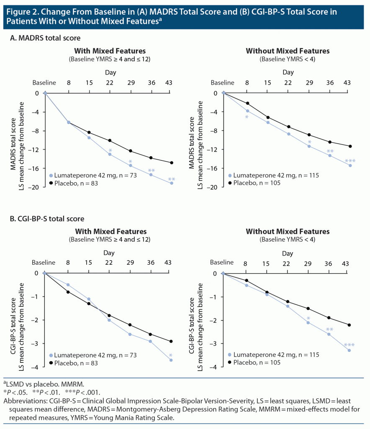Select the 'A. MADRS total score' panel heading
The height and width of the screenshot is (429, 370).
pos(45,38)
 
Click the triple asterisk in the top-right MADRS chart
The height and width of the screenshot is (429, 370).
pos(350,161)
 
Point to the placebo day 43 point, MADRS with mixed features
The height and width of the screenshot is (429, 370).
pos(172,163)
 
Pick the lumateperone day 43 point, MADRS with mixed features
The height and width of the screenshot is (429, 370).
pos(172,183)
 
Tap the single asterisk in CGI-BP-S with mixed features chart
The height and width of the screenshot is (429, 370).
pos(171,356)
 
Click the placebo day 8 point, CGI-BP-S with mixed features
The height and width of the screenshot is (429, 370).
pos(68,292)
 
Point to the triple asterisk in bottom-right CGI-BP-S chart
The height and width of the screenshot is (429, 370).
pos(349,345)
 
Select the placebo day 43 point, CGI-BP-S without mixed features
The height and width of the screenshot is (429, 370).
pos(349,325)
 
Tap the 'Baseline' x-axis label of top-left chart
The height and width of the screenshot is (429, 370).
pos(44,83)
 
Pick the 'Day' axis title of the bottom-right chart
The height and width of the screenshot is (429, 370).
pos(288,253)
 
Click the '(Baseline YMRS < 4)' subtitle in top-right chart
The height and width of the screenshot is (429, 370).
pos(288,59)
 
